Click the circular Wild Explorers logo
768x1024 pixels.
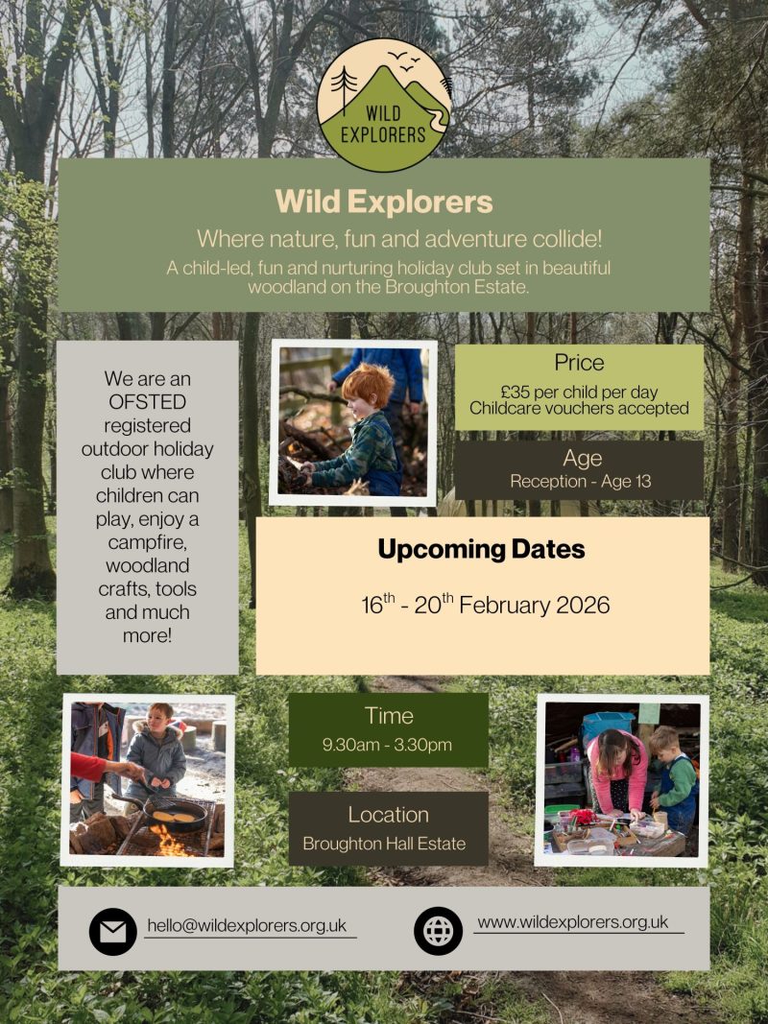point(383,106)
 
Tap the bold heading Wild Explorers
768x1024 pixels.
point(384,202)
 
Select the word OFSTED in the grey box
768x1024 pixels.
point(148,401)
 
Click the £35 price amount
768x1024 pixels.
point(515,392)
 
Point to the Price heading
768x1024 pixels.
point(579,363)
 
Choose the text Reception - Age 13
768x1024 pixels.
point(581,482)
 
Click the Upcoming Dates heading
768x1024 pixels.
point(481,549)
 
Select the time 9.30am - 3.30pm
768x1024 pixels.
point(387,745)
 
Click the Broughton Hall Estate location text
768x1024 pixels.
point(384,844)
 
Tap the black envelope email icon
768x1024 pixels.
point(113,931)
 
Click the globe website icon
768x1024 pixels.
point(438,931)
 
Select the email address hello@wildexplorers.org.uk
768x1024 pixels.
point(247,925)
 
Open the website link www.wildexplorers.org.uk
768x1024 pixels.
point(573,922)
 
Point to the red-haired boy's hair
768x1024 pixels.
point(369,384)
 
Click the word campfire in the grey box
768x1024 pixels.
point(148,542)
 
